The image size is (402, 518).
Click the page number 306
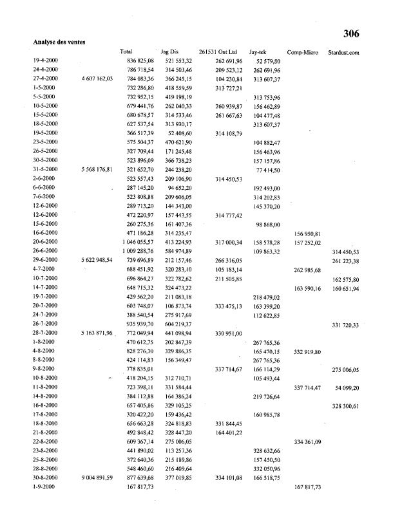[x=351, y=34]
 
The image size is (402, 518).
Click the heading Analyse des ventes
[x=59, y=42]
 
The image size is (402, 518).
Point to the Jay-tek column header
[x=258, y=51]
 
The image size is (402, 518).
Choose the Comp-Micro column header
[x=303, y=51]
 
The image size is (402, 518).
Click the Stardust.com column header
[x=343, y=51]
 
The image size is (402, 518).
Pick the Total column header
[x=126, y=51]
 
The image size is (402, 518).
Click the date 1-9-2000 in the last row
[x=44, y=487]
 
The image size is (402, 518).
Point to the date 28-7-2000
[x=45, y=333]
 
